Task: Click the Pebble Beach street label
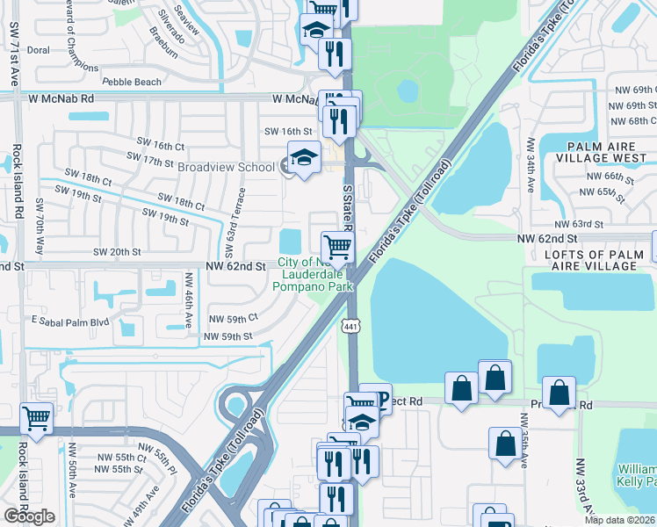pyautogui.click(x=132, y=82)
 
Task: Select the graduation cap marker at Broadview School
pyautogui.click(x=304, y=158)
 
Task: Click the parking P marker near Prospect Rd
pyautogui.click(x=379, y=400)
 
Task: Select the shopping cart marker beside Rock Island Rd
pyautogui.click(x=36, y=417)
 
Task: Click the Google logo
pyautogui.click(x=29, y=516)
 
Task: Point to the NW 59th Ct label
pyautogui.click(x=234, y=318)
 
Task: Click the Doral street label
pyautogui.click(x=38, y=50)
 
